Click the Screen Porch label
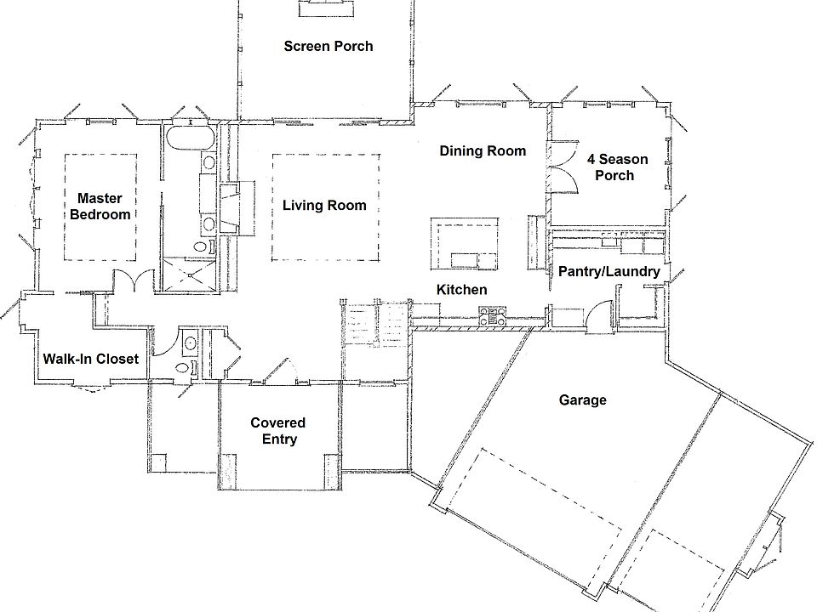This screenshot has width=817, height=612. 328,46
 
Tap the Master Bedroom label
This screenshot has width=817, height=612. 100,207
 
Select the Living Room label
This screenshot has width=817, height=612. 324,205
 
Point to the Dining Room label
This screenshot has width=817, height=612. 483,151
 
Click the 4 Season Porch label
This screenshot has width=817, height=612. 617,167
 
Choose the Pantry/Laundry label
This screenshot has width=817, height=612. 608,271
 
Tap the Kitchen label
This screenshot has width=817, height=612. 461,290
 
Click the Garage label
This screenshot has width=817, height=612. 582,399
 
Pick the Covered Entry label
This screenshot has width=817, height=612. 277,430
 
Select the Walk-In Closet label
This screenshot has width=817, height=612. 90,359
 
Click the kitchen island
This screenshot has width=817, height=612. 465,245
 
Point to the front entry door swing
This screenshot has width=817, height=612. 282,371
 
